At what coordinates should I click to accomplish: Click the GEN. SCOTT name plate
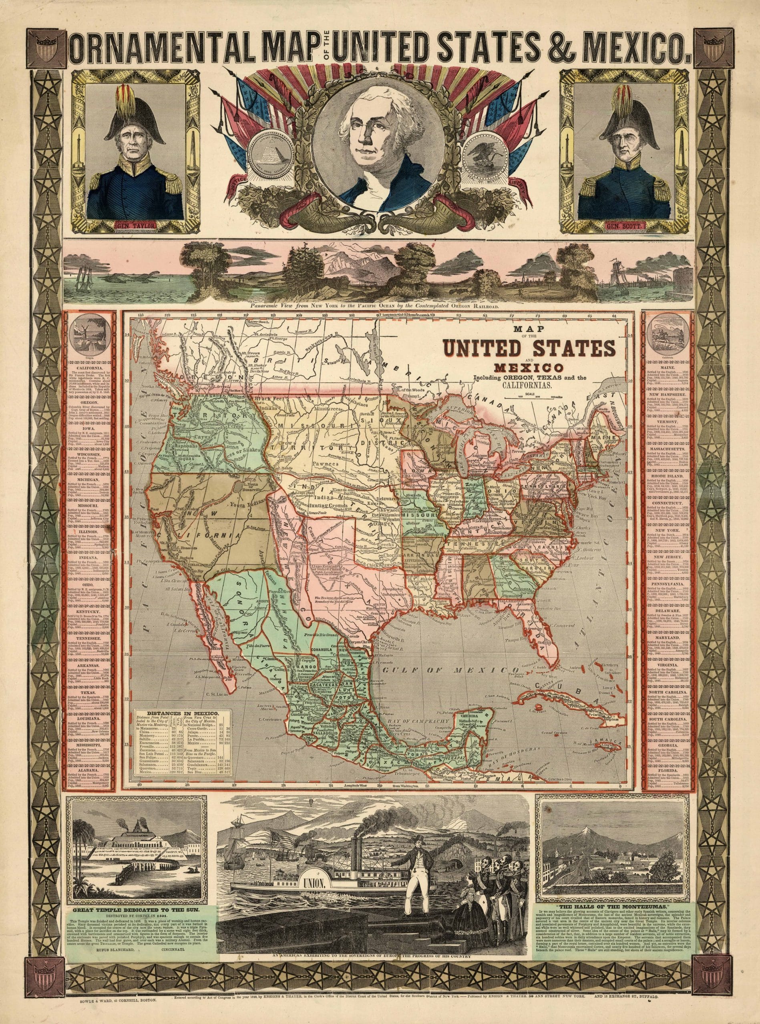click(x=621, y=226)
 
